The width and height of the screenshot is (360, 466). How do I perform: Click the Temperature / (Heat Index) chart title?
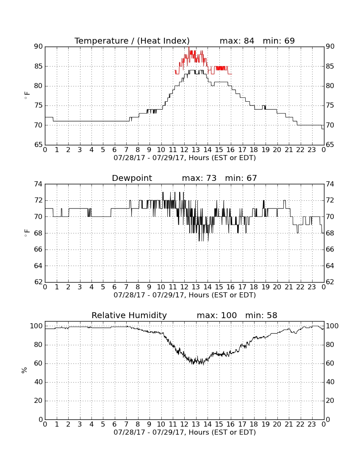click(x=132, y=41)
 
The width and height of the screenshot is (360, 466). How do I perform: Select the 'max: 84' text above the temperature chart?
click(x=237, y=41)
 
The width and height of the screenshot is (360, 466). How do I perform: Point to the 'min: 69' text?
click(x=279, y=41)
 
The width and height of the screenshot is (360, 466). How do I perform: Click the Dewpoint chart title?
click(x=132, y=178)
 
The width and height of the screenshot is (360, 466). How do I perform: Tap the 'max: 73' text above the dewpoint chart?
click(x=199, y=178)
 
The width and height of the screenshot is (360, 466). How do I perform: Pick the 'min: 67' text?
click(x=241, y=178)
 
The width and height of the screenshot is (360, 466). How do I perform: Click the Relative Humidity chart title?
click(x=129, y=315)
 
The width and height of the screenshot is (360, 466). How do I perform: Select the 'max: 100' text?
click(x=216, y=315)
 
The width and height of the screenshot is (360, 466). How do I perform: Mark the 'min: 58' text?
click(x=261, y=315)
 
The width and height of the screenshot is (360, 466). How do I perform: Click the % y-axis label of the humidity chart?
click(x=24, y=370)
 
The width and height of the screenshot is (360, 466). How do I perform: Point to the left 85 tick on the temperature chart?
click(x=39, y=66)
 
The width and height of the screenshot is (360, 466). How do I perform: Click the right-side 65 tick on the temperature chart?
click(x=330, y=145)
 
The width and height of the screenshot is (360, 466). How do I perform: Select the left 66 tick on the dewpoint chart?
click(x=39, y=250)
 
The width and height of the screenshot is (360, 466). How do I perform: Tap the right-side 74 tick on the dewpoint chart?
click(x=330, y=184)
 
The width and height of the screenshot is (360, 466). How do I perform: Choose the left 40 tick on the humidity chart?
click(x=39, y=382)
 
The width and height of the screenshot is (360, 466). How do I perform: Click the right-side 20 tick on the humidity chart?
click(x=330, y=401)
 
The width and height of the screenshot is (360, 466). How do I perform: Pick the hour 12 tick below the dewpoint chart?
click(x=185, y=287)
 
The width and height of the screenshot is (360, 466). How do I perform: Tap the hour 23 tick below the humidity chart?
click(x=312, y=424)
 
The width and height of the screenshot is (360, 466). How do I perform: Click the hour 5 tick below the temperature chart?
click(x=103, y=150)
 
